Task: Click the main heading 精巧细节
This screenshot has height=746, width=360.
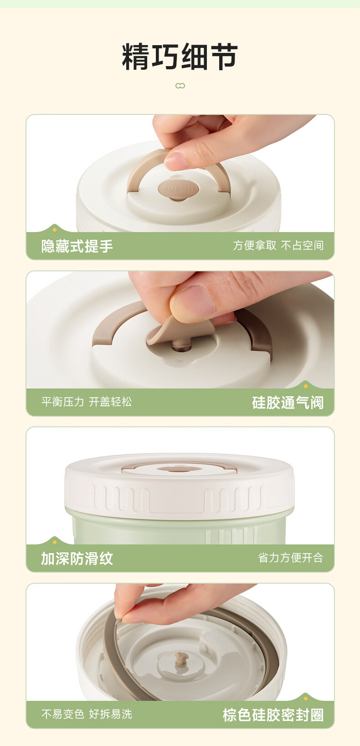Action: point(180,57)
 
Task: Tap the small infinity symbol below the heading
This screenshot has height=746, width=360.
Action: point(180,86)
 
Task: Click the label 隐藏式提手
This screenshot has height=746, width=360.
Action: point(77,246)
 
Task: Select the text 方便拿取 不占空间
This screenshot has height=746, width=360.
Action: point(278,245)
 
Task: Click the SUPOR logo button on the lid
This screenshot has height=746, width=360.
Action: point(178,190)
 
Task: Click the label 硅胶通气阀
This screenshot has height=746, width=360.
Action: point(288,403)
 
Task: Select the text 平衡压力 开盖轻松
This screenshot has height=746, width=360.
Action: point(87,402)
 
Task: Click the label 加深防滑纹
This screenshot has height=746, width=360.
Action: point(77,559)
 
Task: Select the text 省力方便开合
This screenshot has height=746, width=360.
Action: point(290,558)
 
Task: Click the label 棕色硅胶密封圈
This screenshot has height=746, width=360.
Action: point(273,715)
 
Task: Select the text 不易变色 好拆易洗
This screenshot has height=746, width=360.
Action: point(87,714)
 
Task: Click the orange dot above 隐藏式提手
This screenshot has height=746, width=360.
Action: point(55,230)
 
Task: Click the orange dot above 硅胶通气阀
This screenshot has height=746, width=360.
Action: point(306,386)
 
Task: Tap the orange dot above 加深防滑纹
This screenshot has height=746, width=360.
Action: point(55,542)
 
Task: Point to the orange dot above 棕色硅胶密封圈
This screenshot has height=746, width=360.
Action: point(306,699)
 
